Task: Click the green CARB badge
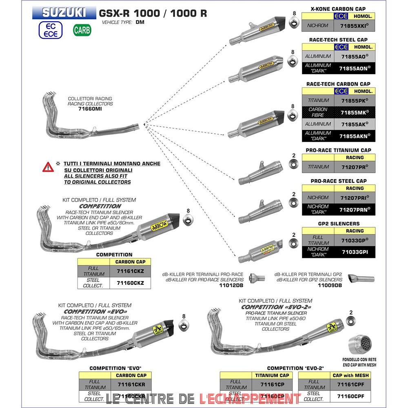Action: (82, 30)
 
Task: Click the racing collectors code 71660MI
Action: (90, 109)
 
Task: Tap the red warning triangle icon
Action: (48, 166)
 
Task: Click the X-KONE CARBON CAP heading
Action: (338, 9)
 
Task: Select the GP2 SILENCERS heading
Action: (338, 224)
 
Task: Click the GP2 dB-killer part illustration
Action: (361, 279)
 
